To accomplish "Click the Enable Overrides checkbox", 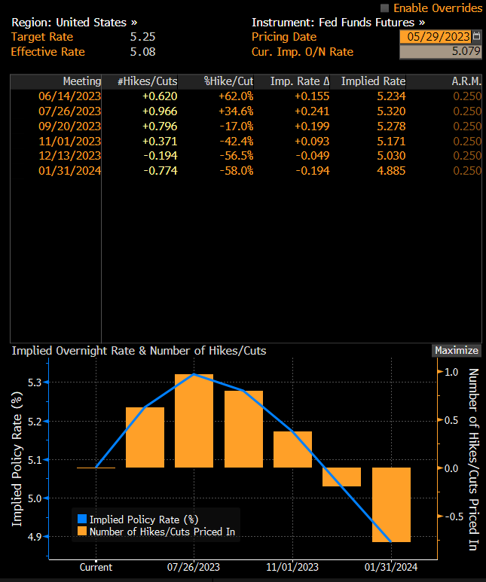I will click(x=385, y=8).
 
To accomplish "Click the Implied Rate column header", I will click(x=373, y=81).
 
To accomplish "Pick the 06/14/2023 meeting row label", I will click(x=69, y=96).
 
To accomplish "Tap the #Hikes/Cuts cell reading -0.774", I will click(x=160, y=171).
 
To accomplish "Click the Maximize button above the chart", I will click(x=456, y=350).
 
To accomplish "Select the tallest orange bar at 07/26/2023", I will click(x=194, y=420).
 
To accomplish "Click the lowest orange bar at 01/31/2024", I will click(x=391, y=504).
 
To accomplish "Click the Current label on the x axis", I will click(x=96, y=568).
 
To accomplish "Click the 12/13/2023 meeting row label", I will click(x=69, y=156).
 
